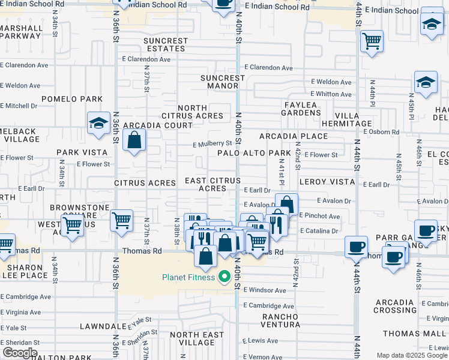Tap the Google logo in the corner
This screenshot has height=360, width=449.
tap(20, 353)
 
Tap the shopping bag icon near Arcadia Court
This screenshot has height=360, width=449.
tap(134, 141)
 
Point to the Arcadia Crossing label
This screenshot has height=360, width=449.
tap(395, 306)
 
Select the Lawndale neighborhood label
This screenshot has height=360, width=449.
tap(104, 327)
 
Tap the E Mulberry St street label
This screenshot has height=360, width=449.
tap(212, 144)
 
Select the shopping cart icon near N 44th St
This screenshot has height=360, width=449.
tap(372, 41)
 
